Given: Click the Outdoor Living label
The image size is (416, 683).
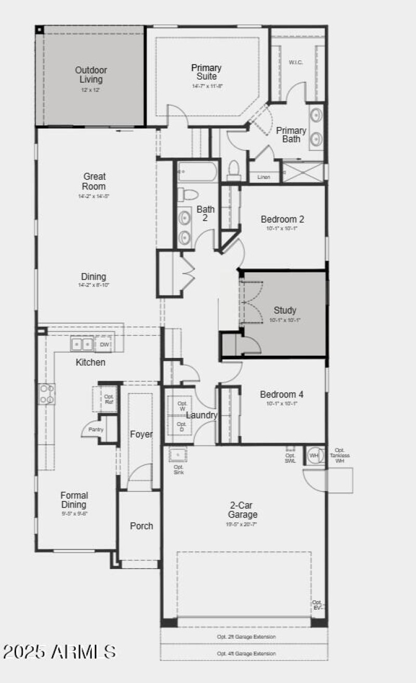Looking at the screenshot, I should (x=91, y=75).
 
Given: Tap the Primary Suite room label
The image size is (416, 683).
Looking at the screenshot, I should (x=206, y=72).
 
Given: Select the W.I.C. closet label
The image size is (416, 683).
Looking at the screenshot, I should (x=296, y=62).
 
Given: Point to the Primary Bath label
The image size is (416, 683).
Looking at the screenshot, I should (x=291, y=135).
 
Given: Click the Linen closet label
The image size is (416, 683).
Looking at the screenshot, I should (x=264, y=177).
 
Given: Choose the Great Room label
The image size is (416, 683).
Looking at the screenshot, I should (x=94, y=182).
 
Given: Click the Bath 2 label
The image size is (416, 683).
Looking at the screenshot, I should (x=205, y=214).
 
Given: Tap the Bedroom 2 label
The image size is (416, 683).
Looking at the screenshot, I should (x=282, y=220).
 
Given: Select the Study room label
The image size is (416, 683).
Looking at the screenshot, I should (x=285, y=311).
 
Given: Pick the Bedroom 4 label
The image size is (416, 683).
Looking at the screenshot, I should (x=282, y=394).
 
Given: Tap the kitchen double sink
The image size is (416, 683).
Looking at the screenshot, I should (x=82, y=344).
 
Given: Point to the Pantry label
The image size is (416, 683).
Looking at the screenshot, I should (x=96, y=430).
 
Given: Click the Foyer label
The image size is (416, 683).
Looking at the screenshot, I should (x=140, y=434).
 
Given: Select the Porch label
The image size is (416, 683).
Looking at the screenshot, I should (x=141, y=526).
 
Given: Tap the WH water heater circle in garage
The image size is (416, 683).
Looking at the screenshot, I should (x=314, y=456).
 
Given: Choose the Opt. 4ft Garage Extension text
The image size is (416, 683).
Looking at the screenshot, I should (x=246, y=653).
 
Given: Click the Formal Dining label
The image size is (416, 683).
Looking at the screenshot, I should (x=74, y=500).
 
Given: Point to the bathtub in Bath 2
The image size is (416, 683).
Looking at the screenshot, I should (x=198, y=171).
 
